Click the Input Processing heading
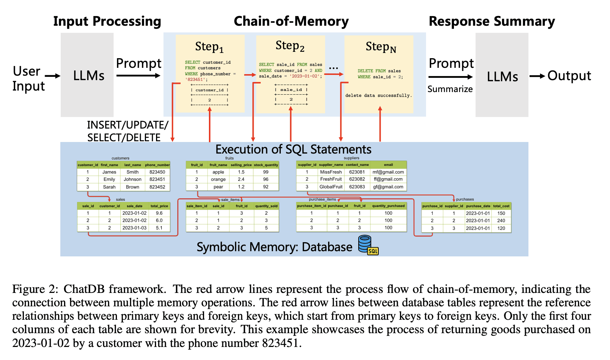tap(107, 21)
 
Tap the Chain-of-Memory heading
tap(291, 21)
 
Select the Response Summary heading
tap(492, 21)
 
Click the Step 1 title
tap(209, 47)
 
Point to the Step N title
tap(381, 47)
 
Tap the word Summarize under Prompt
tap(450, 89)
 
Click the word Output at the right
tap(569, 76)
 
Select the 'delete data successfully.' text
tap(378, 95)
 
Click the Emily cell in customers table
tap(109, 179)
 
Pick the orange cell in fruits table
tap(218, 179)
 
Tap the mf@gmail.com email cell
tap(388, 172)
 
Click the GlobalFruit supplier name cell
tap(331, 187)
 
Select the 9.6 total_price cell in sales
tap(159, 213)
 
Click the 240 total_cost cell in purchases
tap(501, 221)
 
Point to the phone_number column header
tap(157, 165)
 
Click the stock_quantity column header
tap(266, 165)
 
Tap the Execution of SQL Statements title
tap(293, 149)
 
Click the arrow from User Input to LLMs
tap(53, 76)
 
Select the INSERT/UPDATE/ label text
tap(127, 125)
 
